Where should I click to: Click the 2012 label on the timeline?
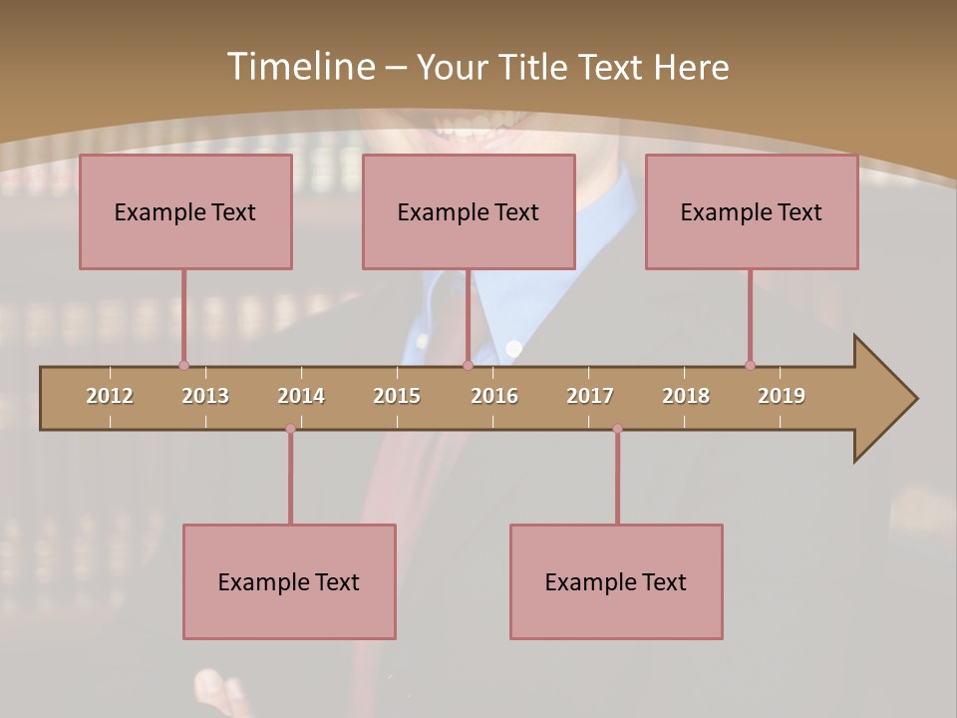(x=110, y=396)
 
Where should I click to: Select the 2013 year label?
(x=205, y=396)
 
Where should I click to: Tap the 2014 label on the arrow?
(x=301, y=396)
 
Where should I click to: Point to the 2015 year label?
(x=397, y=396)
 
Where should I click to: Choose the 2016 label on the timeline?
(x=494, y=396)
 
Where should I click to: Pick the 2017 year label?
(x=590, y=396)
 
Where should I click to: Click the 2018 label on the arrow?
(x=686, y=396)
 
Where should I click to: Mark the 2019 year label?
(x=782, y=396)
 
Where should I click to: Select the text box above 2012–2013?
(x=185, y=211)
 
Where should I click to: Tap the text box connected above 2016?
(x=469, y=211)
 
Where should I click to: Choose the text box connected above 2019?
(x=752, y=211)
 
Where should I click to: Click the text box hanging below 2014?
(x=289, y=581)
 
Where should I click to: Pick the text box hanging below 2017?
(x=616, y=581)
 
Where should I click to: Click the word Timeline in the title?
(x=300, y=67)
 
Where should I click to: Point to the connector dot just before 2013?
(x=183, y=366)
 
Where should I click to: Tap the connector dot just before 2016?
(x=468, y=366)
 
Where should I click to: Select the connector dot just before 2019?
(x=750, y=366)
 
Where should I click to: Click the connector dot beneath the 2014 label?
(x=290, y=429)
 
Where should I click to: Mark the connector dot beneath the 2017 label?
(x=617, y=429)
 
